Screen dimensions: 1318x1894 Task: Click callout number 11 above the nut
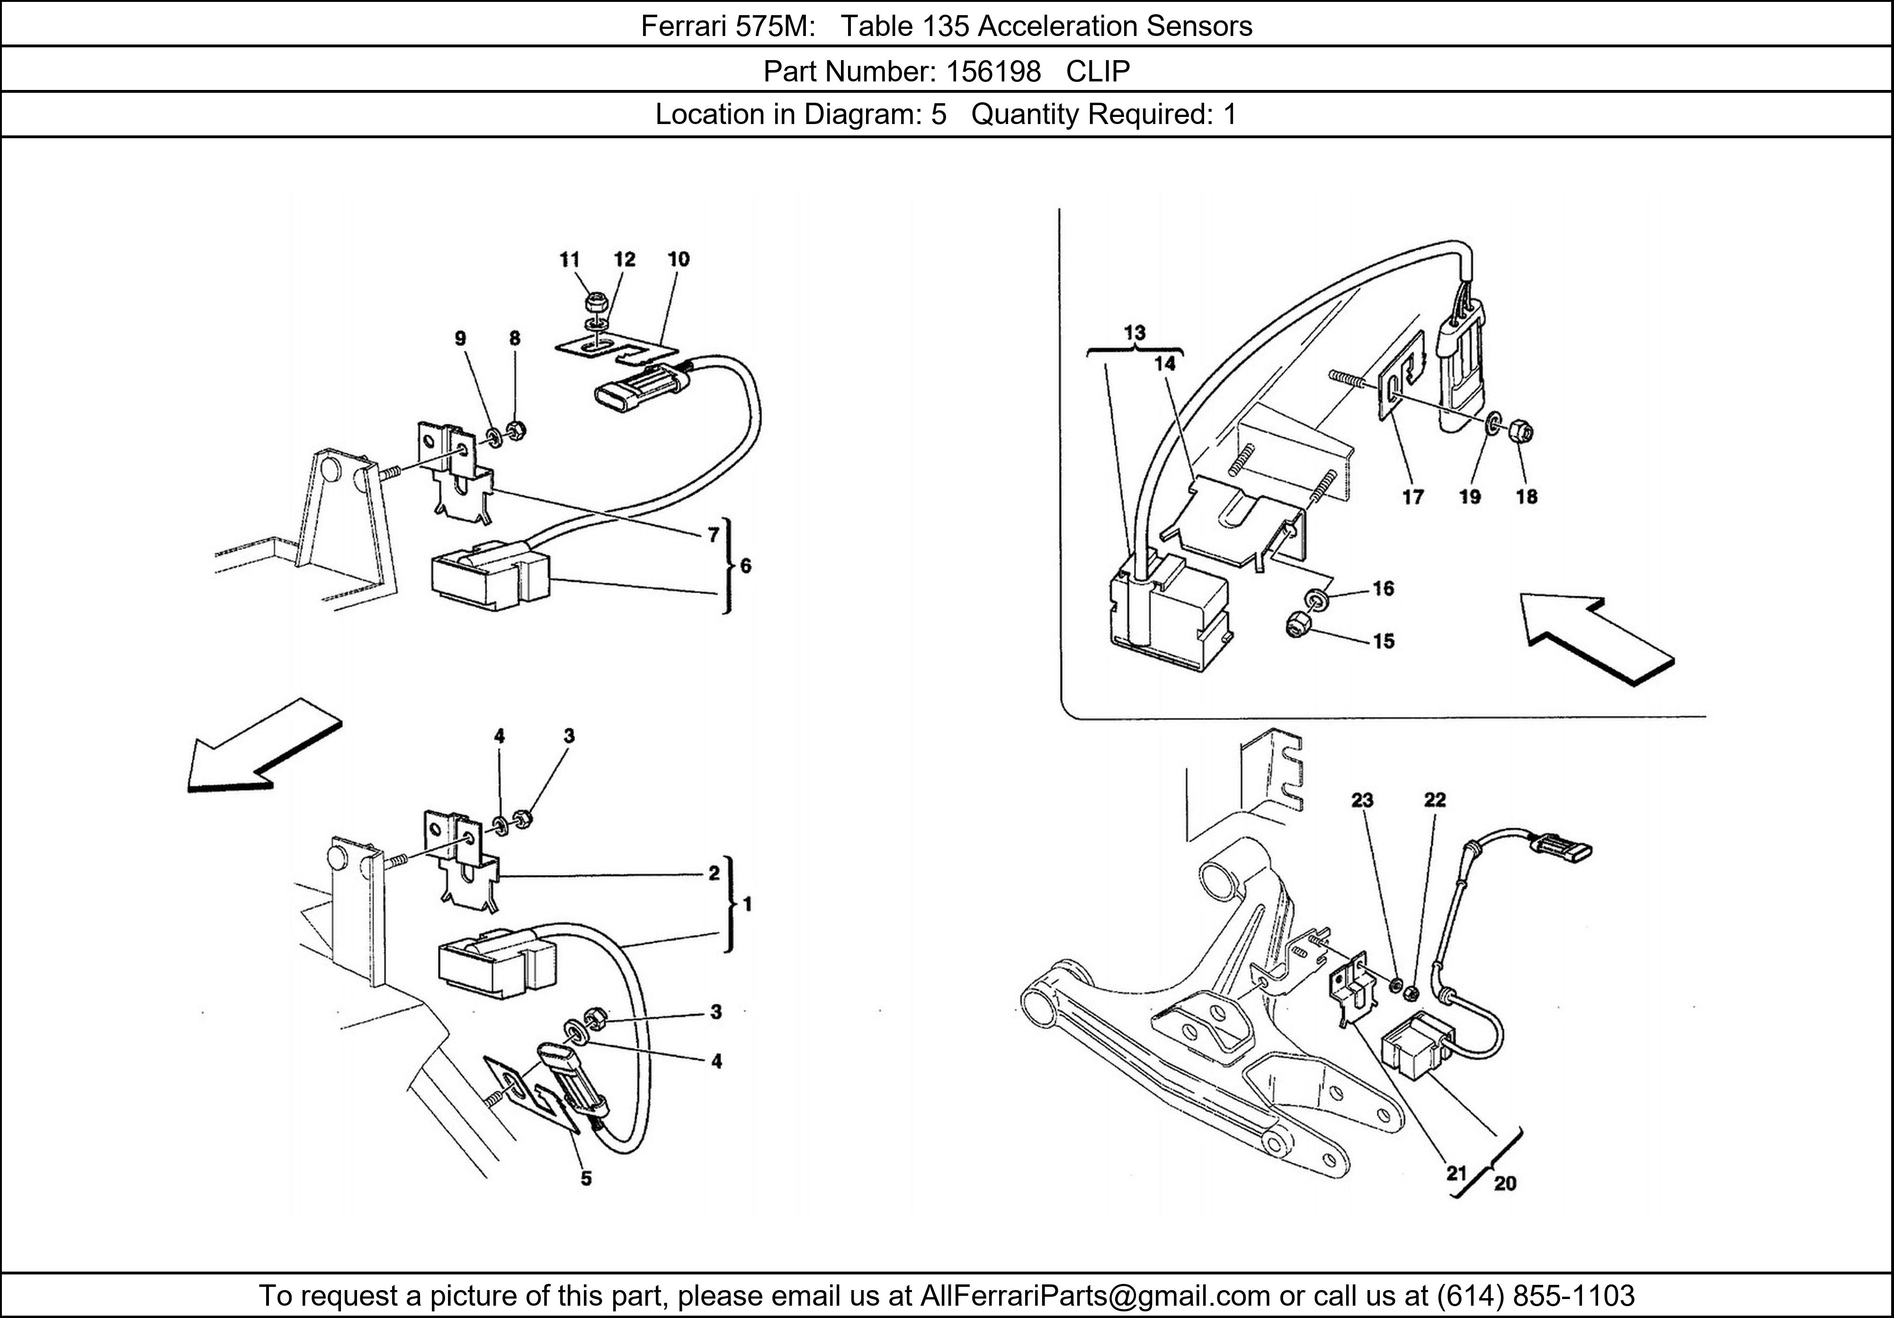(x=569, y=260)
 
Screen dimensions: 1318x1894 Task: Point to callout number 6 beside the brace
(x=746, y=566)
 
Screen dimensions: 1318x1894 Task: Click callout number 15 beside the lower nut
(x=1384, y=641)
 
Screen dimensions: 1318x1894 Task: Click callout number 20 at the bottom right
(x=1505, y=1184)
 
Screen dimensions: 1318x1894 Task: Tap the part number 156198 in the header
(x=993, y=72)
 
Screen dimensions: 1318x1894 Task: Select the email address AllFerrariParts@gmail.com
(x=1095, y=1296)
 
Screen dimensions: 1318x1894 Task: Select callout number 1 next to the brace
(x=747, y=905)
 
